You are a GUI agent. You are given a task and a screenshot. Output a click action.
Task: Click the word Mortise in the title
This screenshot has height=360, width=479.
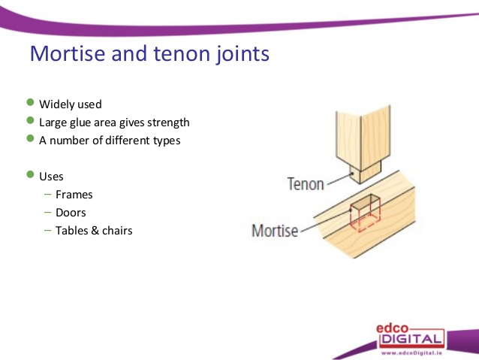click(x=68, y=53)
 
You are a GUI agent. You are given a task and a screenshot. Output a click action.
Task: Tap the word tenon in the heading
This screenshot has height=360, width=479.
click(x=182, y=53)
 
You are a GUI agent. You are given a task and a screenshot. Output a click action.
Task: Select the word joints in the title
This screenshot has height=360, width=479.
click(x=243, y=54)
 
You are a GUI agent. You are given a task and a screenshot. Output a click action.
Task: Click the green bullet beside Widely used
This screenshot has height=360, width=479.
click(x=30, y=102)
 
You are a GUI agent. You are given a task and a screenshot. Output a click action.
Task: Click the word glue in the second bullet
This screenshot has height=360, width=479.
click(x=80, y=123)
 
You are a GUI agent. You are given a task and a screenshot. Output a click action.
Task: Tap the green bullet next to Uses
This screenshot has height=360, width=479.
click(x=30, y=174)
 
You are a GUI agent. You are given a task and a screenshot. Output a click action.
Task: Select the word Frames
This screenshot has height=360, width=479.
click(x=74, y=195)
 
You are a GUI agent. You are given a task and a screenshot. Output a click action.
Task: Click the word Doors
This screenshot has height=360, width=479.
click(x=71, y=213)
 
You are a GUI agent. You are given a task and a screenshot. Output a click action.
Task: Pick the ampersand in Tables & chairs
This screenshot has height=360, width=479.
click(x=95, y=231)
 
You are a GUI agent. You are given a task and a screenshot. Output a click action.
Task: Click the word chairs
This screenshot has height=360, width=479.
click(x=117, y=231)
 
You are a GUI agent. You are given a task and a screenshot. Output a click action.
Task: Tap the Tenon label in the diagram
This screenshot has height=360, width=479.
click(x=306, y=184)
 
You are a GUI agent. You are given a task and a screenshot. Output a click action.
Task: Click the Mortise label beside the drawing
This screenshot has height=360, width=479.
click(x=275, y=231)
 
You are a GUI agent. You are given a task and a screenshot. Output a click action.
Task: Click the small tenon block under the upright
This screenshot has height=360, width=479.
click(x=366, y=172)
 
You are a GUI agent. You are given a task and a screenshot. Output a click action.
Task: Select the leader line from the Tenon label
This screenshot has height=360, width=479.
click(x=339, y=180)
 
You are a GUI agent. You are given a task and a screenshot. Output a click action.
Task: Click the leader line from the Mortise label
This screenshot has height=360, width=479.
click(x=326, y=221)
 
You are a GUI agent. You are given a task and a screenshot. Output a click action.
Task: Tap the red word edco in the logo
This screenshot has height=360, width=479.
click(x=392, y=328)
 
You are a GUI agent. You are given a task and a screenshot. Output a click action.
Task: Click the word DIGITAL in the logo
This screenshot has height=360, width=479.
click(x=411, y=339)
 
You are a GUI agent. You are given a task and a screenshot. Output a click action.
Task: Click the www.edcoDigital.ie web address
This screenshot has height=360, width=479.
click(x=411, y=353)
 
